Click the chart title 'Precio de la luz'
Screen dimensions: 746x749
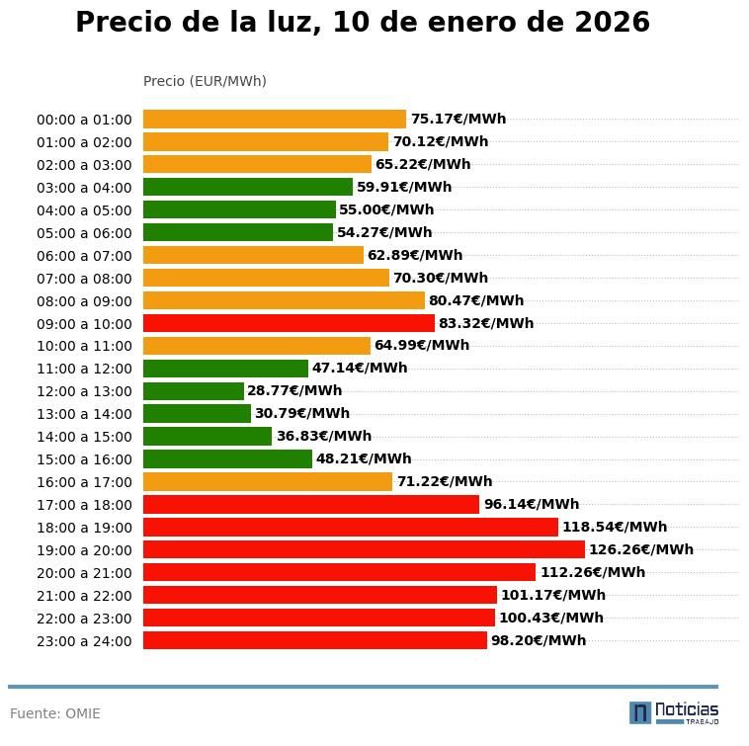(363, 23)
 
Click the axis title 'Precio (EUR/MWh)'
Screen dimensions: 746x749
(205, 81)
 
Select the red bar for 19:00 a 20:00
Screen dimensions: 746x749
(364, 549)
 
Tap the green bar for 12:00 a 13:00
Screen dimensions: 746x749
(193, 391)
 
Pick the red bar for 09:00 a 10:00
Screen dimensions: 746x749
(289, 323)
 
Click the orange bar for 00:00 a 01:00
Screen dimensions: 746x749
(275, 120)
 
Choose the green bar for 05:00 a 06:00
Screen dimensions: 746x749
(238, 233)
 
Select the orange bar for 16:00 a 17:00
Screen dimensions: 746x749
(268, 482)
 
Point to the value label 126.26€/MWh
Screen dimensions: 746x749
(640, 549)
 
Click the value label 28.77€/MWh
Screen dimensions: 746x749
(294, 391)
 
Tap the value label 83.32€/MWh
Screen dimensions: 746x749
(485, 323)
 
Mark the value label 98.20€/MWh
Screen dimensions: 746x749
(538, 640)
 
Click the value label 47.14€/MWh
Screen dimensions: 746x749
(360, 369)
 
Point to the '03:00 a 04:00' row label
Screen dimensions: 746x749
(84, 188)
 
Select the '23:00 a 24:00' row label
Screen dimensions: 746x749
(84, 641)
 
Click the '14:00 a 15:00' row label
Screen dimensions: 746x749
(84, 437)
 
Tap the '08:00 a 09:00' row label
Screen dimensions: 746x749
(84, 301)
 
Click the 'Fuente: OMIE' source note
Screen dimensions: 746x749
(55, 713)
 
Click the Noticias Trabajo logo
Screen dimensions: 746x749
(674, 712)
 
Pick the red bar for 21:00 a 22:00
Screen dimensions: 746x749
(320, 595)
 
